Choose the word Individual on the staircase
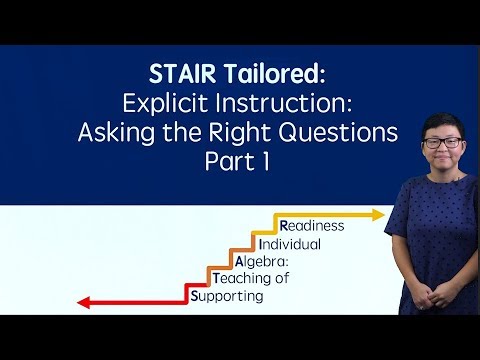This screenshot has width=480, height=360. (x=289, y=244)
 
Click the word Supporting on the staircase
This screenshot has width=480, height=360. (x=227, y=297)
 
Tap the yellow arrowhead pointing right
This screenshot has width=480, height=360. (x=378, y=214)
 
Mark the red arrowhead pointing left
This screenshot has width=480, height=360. (x=84, y=302)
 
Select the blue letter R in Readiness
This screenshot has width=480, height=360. (x=285, y=226)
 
